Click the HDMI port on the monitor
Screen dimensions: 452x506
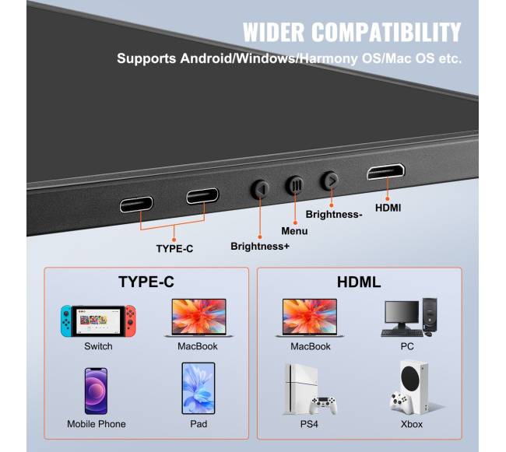[387, 173]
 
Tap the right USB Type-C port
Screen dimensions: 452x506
[202, 195]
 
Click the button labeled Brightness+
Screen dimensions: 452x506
[260, 189]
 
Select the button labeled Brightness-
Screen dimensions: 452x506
[331, 180]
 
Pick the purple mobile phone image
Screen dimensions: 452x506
[96, 390]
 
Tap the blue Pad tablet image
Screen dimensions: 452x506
[198, 388]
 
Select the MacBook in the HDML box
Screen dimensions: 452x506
[310, 317]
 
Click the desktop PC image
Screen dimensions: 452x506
[409, 317]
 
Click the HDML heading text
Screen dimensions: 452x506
[359, 282]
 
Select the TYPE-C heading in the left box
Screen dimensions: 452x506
[146, 282]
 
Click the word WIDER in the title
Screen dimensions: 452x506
[278, 33]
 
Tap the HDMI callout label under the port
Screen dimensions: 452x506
[388, 208]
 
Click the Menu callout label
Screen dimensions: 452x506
[294, 231]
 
